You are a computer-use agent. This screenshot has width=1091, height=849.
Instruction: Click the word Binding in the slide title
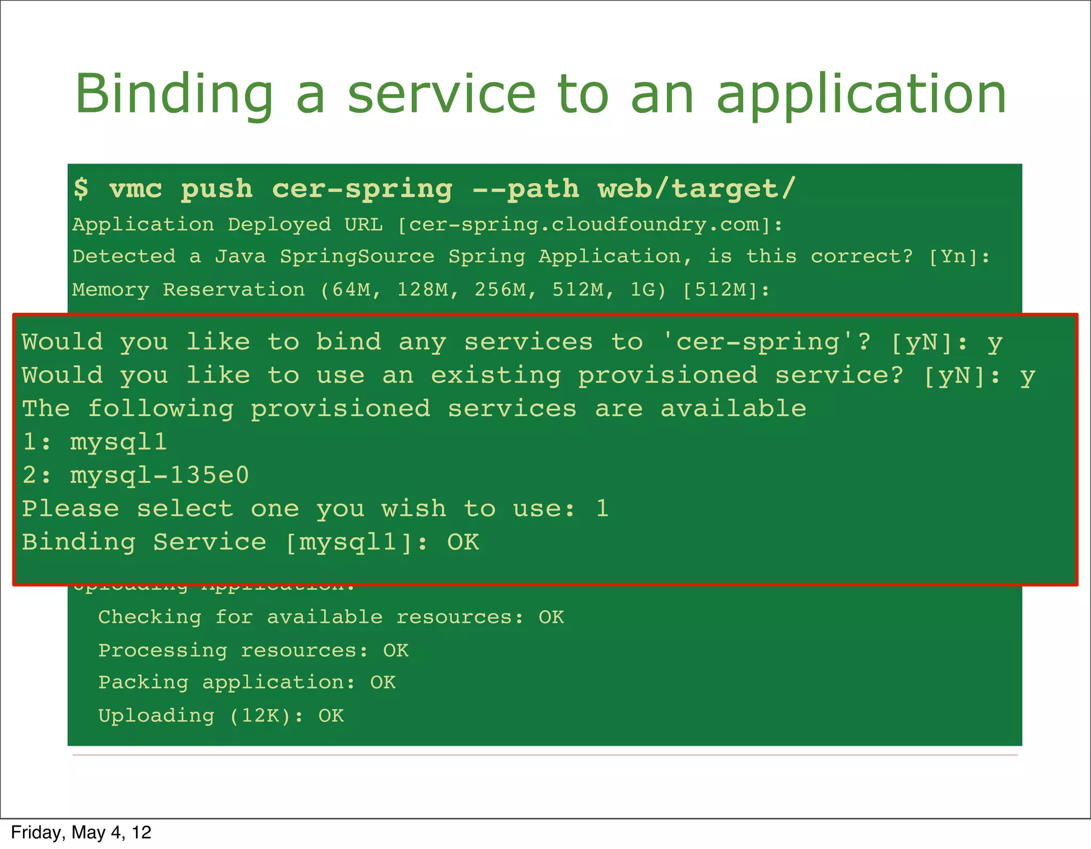pyautogui.click(x=174, y=95)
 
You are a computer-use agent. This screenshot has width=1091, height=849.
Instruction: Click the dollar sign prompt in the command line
pyautogui.click(x=81, y=189)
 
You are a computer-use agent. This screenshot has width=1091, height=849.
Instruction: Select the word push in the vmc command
pyautogui.click(x=217, y=190)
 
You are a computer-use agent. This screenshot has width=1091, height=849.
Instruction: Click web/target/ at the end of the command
pyautogui.click(x=696, y=190)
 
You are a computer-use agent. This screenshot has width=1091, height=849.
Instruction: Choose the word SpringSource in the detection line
pyautogui.click(x=357, y=257)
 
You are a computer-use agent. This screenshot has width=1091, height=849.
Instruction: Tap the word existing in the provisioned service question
pyautogui.click(x=496, y=376)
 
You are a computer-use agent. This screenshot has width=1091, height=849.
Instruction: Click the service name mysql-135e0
pyautogui.click(x=159, y=475)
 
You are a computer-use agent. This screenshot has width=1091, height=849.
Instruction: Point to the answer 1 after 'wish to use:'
pyautogui.click(x=602, y=509)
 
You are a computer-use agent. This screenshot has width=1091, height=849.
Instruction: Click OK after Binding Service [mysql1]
pyautogui.click(x=463, y=543)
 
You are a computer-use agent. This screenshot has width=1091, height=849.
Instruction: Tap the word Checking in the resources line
pyautogui.click(x=150, y=617)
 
